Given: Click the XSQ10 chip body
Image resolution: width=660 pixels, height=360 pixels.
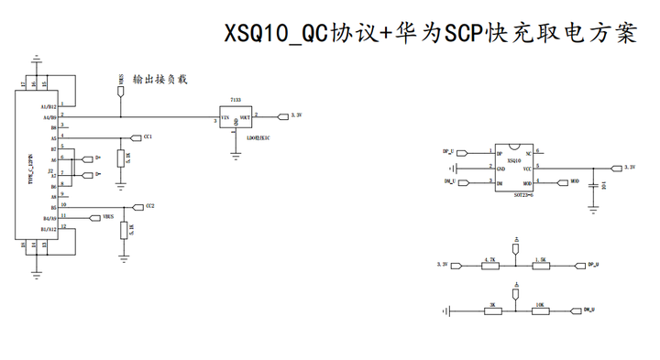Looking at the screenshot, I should (x=514, y=167).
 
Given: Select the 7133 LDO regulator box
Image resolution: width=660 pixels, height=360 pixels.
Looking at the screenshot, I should (x=236, y=120).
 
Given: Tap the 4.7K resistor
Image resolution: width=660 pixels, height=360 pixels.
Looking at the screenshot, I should (x=491, y=265).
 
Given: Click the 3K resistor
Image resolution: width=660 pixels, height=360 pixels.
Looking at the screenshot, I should (x=492, y=311).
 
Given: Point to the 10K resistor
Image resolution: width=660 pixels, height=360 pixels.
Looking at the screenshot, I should (x=541, y=311).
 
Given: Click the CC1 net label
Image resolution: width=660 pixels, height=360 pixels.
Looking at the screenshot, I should (x=148, y=136).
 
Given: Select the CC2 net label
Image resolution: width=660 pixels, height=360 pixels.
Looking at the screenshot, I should (x=150, y=206).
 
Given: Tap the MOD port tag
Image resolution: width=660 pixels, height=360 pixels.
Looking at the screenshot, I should (x=575, y=181).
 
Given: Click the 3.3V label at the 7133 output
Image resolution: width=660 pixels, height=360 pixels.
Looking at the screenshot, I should (x=295, y=115).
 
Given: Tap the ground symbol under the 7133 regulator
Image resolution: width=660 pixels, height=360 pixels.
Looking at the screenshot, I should (x=236, y=158).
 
